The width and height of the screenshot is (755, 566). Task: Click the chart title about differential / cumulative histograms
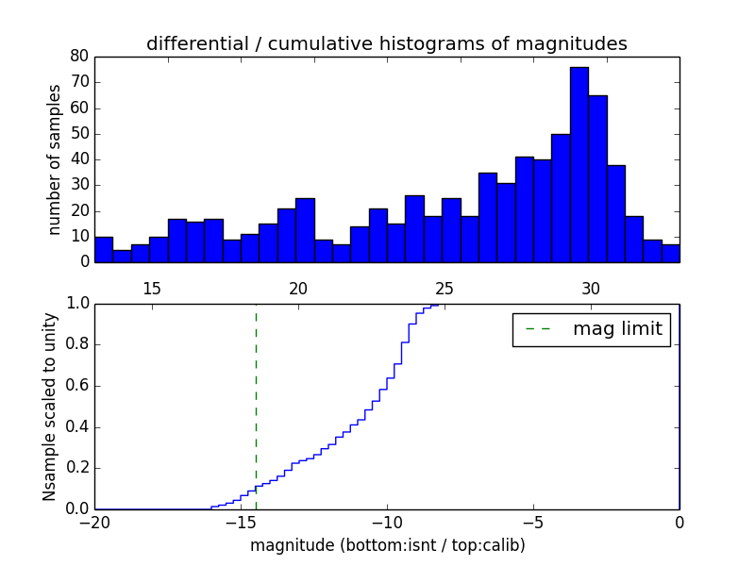pyautogui.click(x=386, y=43)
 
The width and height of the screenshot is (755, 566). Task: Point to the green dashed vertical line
pyautogui.click(x=256, y=406)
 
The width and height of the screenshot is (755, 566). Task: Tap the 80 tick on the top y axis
pyautogui.click(x=78, y=57)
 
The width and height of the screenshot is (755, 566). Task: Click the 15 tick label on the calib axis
pyautogui.click(x=152, y=289)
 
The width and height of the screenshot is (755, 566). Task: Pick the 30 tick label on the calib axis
pyautogui.click(x=591, y=289)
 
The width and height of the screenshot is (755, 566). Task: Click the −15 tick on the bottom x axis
pyautogui.click(x=241, y=523)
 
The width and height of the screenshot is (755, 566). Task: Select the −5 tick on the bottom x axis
pyautogui.click(x=533, y=523)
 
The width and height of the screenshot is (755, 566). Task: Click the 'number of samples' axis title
pyautogui.click(x=55, y=158)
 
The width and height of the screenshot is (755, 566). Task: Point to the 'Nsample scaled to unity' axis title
pyautogui.click(x=49, y=406)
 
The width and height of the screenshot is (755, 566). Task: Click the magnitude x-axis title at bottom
pyautogui.click(x=387, y=545)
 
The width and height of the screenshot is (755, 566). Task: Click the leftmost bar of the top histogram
pyautogui.click(x=104, y=249)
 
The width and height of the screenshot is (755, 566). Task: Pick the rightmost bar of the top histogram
pyautogui.click(x=670, y=253)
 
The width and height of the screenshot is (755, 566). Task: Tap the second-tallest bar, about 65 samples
pyautogui.click(x=597, y=179)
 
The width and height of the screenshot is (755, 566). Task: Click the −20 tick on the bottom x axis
pyautogui.click(x=94, y=523)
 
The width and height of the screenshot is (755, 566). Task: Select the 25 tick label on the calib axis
pyautogui.click(x=445, y=289)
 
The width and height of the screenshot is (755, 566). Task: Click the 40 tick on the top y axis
pyautogui.click(x=78, y=158)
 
